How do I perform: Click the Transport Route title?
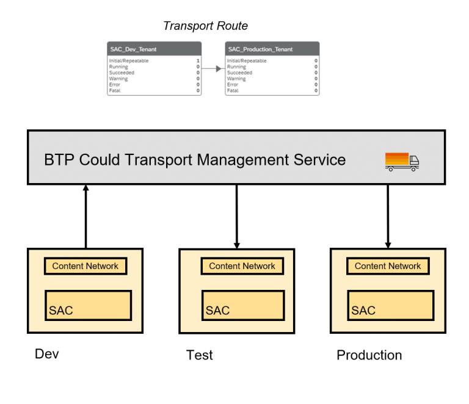(205, 26)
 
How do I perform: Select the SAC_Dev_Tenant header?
(153, 49)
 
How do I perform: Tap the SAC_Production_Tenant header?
(272, 49)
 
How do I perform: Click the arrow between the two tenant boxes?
(213, 69)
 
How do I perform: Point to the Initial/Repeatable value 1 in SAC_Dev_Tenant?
(197, 61)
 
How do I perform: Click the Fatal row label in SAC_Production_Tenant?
(233, 90)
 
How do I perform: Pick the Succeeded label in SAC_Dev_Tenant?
(122, 73)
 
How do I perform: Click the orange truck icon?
(402, 161)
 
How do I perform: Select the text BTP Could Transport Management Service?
(195, 160)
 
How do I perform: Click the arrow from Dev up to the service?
(85, 216)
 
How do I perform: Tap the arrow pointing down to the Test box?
(237, 216)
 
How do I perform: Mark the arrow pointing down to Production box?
(388, 216)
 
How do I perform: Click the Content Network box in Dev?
(85, 266)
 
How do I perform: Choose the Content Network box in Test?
(242, 266)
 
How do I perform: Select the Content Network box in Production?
(388, 266)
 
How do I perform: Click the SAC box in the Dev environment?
(89, 305)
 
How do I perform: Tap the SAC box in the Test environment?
(243, 305)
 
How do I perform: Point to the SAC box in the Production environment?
(390, 305)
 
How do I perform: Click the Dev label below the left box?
(47, 354)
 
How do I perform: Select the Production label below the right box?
(369, 355)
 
